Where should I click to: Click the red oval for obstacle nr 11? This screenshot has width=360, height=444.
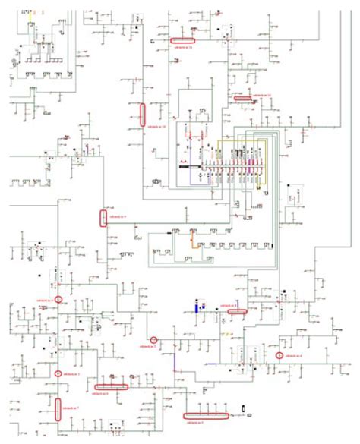[182, 39]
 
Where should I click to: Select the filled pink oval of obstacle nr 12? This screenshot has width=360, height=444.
[243, 98]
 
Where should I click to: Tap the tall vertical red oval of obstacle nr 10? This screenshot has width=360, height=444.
[142, 112]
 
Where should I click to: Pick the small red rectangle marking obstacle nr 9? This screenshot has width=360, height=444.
[103, 218]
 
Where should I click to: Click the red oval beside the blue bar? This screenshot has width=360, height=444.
[238, 310]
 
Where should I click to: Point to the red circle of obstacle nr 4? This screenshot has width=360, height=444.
[279, 355]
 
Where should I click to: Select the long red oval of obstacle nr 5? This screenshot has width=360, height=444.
[206, 415]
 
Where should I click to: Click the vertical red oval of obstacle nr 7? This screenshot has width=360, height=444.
[58, 408]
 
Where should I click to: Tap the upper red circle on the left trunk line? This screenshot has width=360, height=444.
[58, 301]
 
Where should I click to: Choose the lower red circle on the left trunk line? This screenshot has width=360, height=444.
[59, 373]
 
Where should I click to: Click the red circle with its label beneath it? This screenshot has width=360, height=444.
[153, 340]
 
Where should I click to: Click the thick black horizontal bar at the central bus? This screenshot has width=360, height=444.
[188, 165]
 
